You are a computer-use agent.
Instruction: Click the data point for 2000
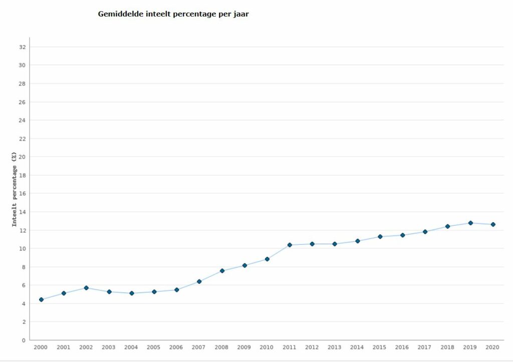41,299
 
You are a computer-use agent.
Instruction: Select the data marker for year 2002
86,288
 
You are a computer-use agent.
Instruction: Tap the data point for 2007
199,281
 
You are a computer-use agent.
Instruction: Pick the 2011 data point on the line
290,245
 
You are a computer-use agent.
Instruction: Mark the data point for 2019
470,223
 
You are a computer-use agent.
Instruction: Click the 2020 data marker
493,224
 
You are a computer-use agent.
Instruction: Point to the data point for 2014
358,241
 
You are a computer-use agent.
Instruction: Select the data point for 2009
244,265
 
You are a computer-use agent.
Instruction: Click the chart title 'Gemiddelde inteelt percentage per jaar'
173,14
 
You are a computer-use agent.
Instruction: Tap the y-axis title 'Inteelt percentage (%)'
15,189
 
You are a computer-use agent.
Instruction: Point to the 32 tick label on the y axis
22,47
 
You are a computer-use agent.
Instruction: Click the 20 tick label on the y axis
22,157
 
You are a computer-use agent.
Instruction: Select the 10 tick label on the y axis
22,248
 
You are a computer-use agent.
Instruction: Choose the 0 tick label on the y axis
24,340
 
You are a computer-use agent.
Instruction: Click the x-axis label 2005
154,347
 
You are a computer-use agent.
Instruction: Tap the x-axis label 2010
267,347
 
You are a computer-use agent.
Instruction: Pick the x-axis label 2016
402,347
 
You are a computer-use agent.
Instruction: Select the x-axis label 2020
493,347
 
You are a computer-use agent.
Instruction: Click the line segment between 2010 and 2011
279,252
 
